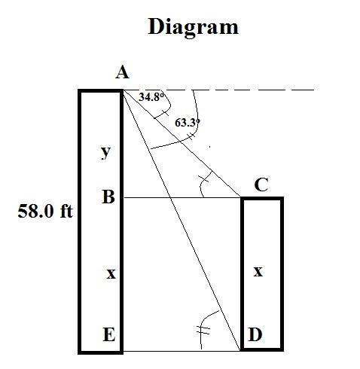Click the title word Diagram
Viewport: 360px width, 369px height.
(x=193, y=27)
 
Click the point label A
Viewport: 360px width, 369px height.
(x=122, y=73)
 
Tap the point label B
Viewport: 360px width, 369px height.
(x=108, y=197)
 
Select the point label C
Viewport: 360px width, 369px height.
(x=261, y=185)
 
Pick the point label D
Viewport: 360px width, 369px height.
(x=255, y=334)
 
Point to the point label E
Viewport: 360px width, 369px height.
(x=109, y=334)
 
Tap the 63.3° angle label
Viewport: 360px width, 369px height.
(x=188, y=123)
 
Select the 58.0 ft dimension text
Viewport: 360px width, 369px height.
(x=45, y=211)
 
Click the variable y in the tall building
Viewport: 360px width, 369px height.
(x=105, y=152)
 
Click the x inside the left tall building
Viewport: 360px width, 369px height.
(x=111, y=273)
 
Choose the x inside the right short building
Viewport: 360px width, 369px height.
(x=258, y=271)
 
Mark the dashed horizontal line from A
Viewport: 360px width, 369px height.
(x=218, y=90)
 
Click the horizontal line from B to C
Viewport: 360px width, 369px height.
(x=182, y=197)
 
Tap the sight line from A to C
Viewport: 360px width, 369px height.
(x=182, y=144)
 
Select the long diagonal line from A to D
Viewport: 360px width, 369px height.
(x=181, y=220)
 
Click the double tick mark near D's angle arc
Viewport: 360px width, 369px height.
(x=203, y=330)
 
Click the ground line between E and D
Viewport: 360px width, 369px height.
(x=182, y=351)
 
